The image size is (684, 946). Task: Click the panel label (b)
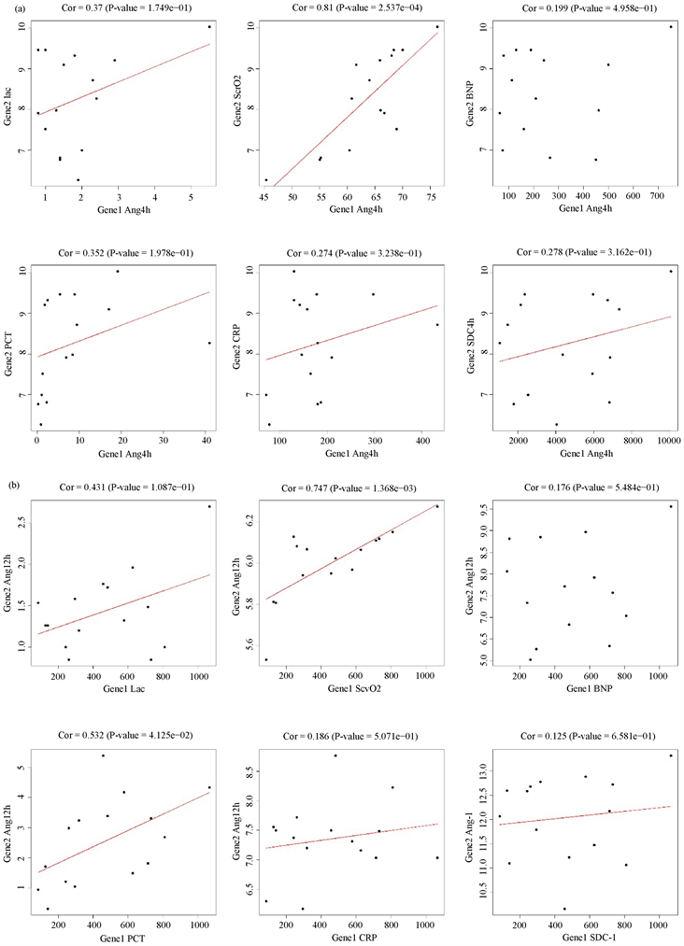(11, 486)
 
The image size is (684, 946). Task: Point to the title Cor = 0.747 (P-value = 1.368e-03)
(354, 487)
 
